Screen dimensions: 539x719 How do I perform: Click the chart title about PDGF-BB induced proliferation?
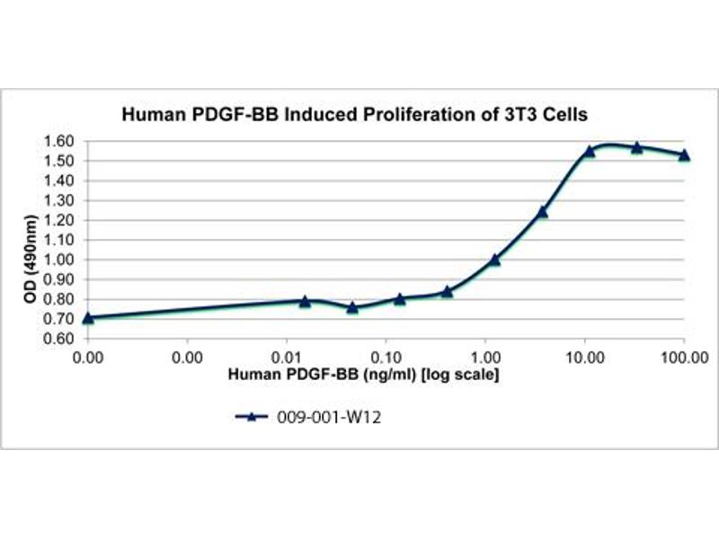[x=355, y=115]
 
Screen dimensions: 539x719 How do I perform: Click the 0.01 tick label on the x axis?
[x=286, y=357]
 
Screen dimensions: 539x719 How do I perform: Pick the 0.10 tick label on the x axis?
[x=386, y=357]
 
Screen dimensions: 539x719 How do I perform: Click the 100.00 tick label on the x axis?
[x=684, y=357]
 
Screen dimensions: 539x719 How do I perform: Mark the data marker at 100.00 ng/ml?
[x=684, y=155]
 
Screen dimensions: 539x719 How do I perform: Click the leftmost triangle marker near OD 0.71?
[x=87, y=317]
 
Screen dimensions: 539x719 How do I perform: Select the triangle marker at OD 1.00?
[x=494, y=260]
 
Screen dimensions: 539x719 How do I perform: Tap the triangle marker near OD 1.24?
[x=542, y=212]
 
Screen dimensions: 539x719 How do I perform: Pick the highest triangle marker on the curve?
[x=636, y=146]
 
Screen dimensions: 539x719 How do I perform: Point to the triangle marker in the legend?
[x=253, y=416]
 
